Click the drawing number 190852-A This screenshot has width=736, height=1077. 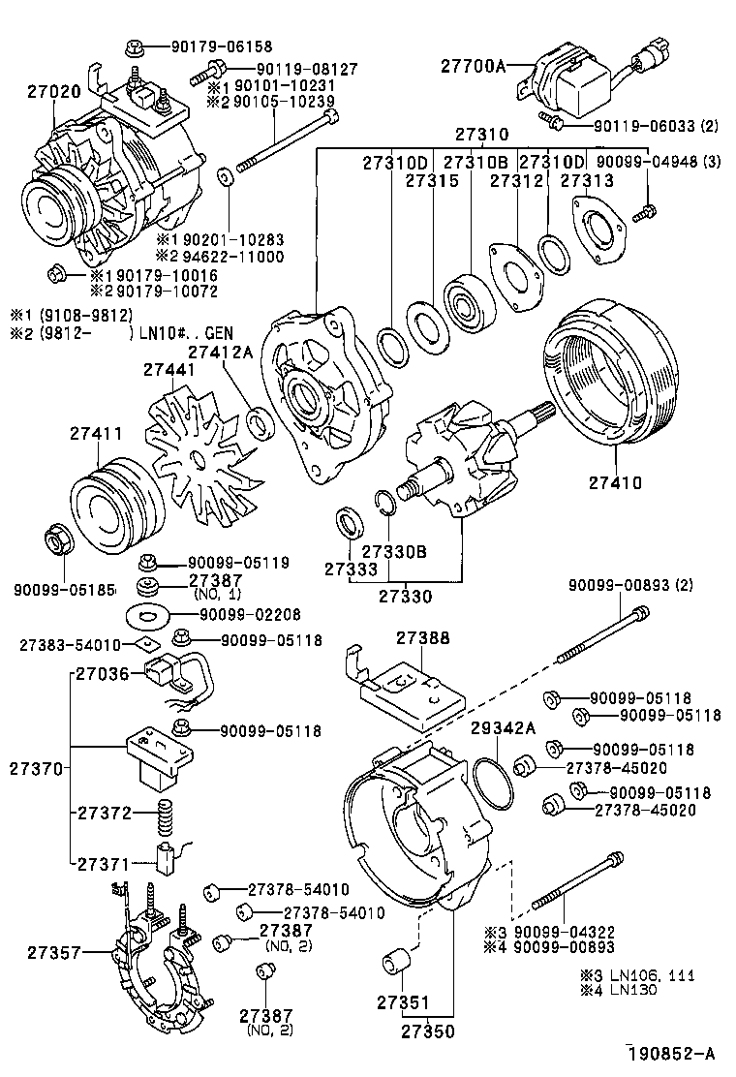pyautogui.click(x=674, y=1054)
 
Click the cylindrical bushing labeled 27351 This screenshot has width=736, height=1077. pyautogui.click(x=395, y=965)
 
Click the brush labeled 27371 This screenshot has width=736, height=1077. pyautogui.click(x=166, y=854)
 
